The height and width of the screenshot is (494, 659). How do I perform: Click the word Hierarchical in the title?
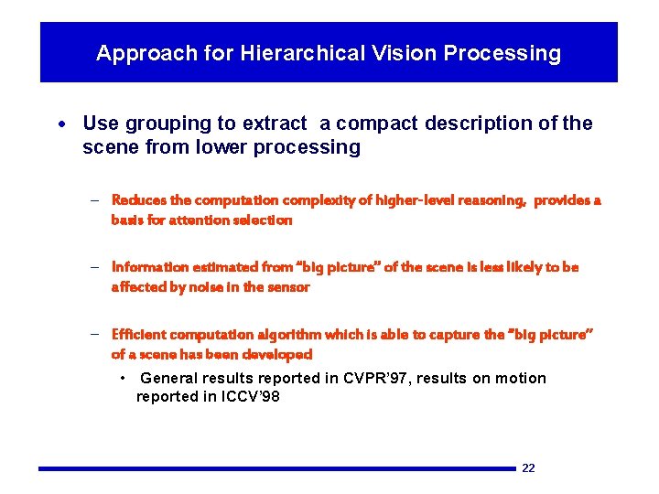(x=299, y=53)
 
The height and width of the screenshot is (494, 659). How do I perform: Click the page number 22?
(x=528, y=468)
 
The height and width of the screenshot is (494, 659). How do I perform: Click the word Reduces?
(x=138, y=199)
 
